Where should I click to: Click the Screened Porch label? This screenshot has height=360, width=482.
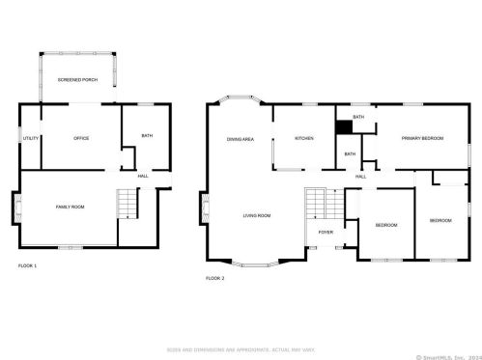point(77,79)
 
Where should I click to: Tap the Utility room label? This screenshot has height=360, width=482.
point(30,138)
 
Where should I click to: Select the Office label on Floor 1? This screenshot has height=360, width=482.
point(81,138)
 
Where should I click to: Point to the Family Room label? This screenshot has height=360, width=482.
point(70,208)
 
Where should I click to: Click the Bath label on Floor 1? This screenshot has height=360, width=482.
point(147,136)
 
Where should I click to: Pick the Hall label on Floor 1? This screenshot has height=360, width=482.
point(143,176)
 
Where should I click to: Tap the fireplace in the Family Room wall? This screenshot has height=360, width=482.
point(16,207)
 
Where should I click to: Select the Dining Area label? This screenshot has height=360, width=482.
point(241,140)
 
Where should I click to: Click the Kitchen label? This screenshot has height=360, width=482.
point(304,138)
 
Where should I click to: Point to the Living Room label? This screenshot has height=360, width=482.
point(256,215)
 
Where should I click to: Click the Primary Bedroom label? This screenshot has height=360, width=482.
point(422,138)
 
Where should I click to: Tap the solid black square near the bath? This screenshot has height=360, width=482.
point(342,125)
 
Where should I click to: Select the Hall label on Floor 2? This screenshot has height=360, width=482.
point(360,177)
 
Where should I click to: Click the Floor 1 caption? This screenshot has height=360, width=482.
point(27,264)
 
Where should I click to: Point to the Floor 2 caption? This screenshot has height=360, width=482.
point(214,278)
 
